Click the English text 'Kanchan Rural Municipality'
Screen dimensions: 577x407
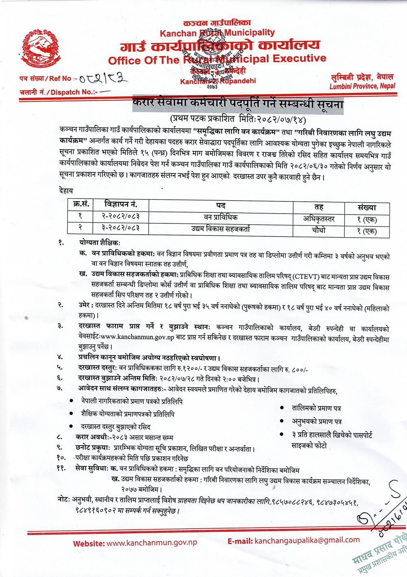(x=217, y=33)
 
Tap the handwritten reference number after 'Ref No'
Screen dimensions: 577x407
(x=103, y=78)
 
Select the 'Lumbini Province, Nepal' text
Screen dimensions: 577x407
(x=362, y=86)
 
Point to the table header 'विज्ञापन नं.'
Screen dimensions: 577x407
(x=120, y=204)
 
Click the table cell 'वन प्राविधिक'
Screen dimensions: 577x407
(x=221, y=218)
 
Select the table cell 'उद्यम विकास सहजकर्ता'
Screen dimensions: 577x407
(x=221, y=229)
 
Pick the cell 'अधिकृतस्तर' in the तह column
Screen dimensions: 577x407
(x=319, y=219)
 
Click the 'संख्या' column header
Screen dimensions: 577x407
(x=367, y=207)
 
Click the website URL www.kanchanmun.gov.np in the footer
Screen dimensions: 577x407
(x=151, y=543)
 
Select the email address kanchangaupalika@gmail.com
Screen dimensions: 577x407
(x=307, y=540)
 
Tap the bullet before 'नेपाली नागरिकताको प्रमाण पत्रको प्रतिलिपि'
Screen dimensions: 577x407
(x=72, y=401)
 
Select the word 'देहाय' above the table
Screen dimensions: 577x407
(x=66, y=190)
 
